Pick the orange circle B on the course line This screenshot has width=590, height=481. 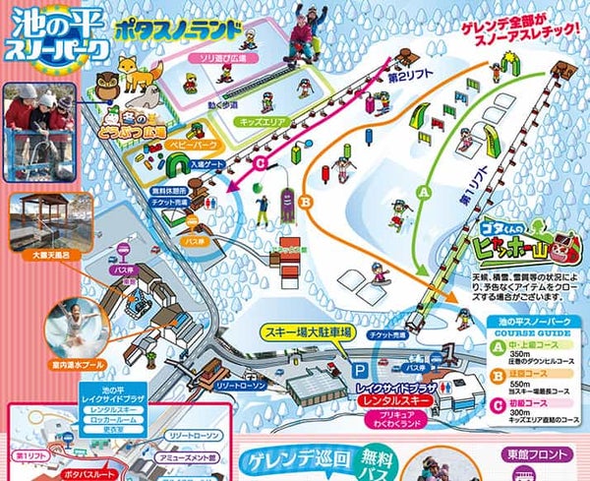pos(305,202)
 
